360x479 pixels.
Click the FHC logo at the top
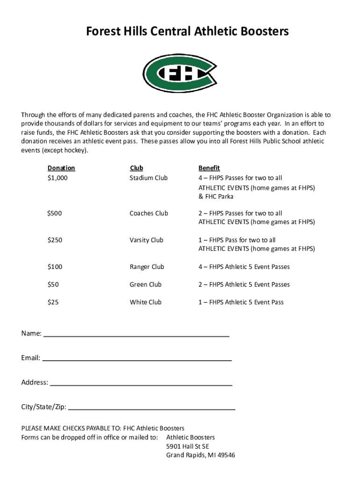pyautogui.click(x=180, y=73)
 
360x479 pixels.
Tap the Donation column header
pyautogui.click(x=61, y=168)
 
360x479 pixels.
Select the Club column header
pyautogui.click(x=136, y=168)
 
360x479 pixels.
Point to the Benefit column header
pyautogui.click(x=209, y=168)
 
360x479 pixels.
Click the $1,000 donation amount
pyautogui.click(x=58, y=178)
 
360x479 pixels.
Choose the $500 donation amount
pyautogui.click(x=54, y=213)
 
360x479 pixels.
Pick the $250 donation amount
pyautogui.click(x=54, y=240)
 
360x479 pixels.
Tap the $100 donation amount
pyautogui.click(x=54, y=267)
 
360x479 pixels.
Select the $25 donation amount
pyautogui.click(x=53, y=302)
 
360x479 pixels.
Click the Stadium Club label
pyautogui.click(x=148, y=178)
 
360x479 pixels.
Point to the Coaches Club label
pyautogui.click(x=149, y=213)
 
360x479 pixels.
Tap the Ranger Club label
pyautogui.click(x=147, y=267)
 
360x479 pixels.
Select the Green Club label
pyautogui.click(x=145, y=284)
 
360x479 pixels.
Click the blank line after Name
pyautogui.click(x=136, y=334)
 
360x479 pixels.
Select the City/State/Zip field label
pyautogui.click(x=43, y=406)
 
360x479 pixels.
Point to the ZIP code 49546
pyautogui.click(x=226, y=455)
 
